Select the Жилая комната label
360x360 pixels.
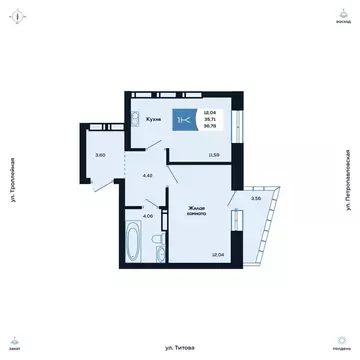pyautogui.click(x=197, y=213)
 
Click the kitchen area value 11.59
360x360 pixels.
pyautogui.click(x=214, y=155)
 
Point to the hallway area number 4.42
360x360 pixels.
pyautogui.click(x=148, y=177)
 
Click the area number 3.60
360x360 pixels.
pyautogui.click(x=100, y=155)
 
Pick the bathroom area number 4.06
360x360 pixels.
pyautogui.click(x=147, y=216)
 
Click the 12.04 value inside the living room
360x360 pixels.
pyautogui.click(x=217, y=255)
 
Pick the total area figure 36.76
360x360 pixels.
pyautogui.click(x=209, y=126)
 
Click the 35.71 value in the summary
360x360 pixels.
pyautogui.click(x=209, y=119)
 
